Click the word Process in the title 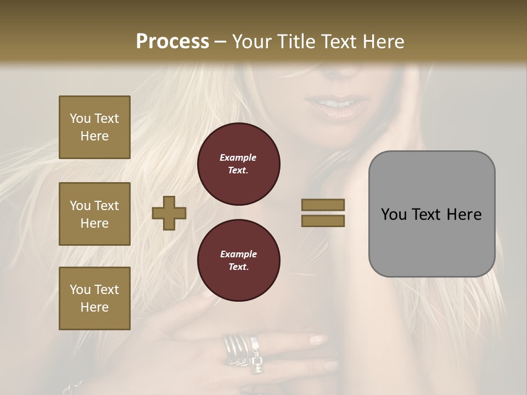tap(172, 42)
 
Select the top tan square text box tap(94, 127)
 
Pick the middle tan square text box tap(94, 214)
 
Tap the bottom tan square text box tap(94, 298)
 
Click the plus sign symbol tap(169, 213)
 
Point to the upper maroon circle tap(238, 163)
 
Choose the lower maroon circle tap(238, 261)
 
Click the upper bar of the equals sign tap(323, 205)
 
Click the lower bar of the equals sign tap(323, 221)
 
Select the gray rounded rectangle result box tap(431, 214)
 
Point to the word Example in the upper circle tap(238, 157)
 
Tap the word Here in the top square tap(94, 136)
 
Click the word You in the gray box tap(394, 215)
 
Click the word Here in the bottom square tap(94, 307)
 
